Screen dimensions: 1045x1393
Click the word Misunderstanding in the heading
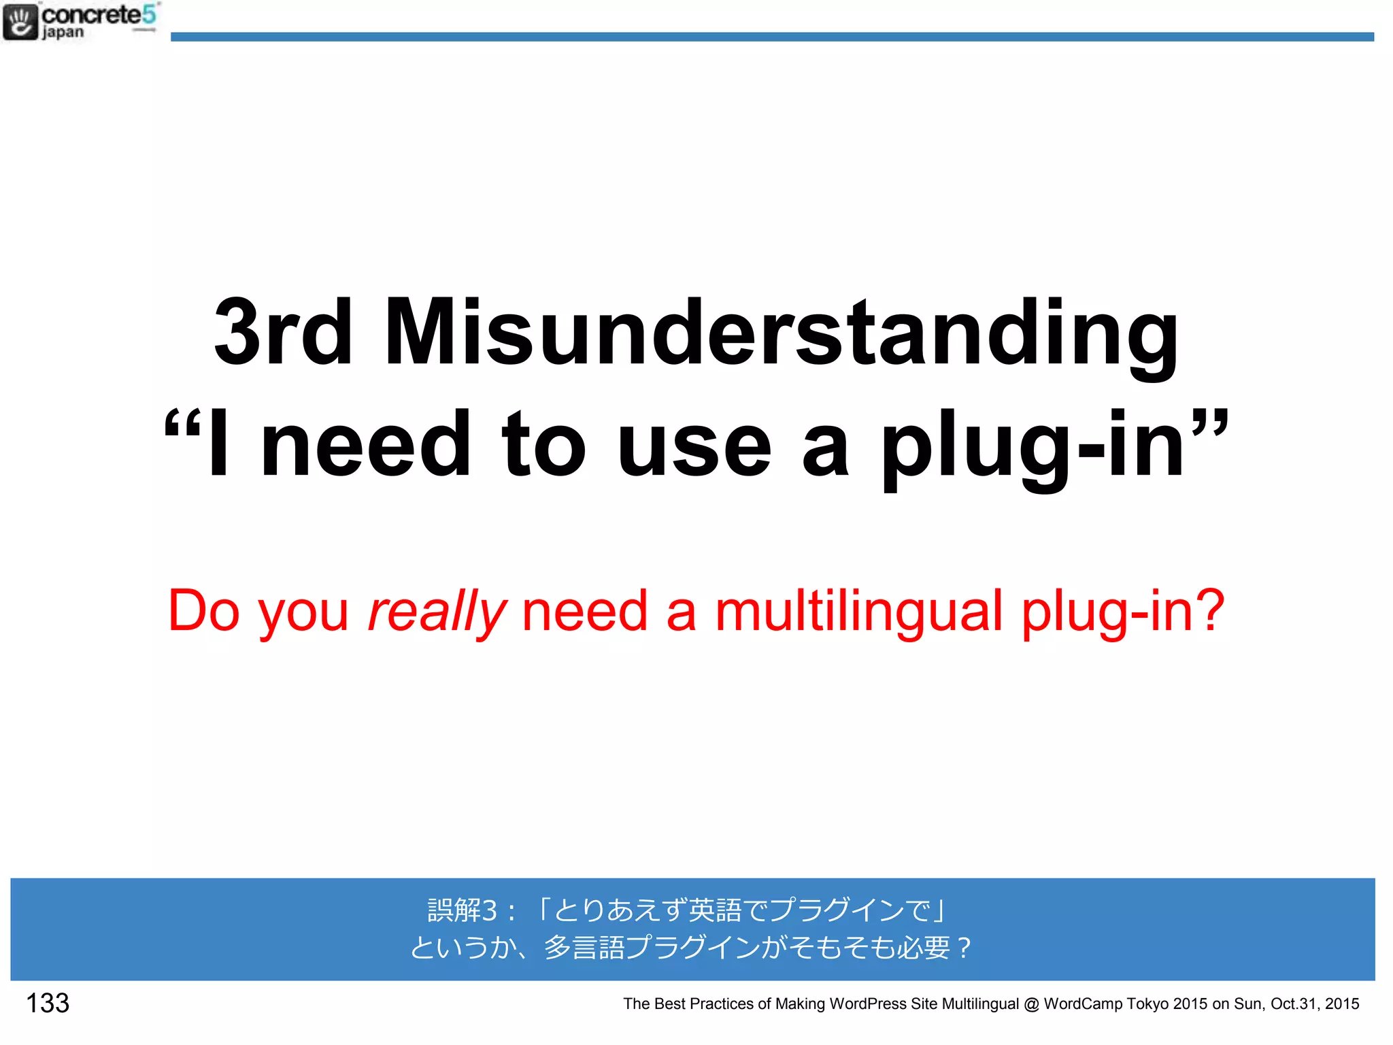(781, 333)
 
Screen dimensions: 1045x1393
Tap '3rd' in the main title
(283, 333)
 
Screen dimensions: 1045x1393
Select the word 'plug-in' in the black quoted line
(1033, 446)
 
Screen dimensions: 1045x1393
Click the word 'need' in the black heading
(365, 446)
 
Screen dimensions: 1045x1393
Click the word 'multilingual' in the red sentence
(858, 610)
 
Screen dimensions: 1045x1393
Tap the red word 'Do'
(203, 610)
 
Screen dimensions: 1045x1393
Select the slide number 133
(48, 1003)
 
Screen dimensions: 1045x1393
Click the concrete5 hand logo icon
(20, 22)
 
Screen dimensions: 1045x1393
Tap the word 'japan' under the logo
(63, 33)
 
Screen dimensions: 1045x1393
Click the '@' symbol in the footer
(1031, 1004)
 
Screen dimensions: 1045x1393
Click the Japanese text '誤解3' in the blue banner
(463, 910)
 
